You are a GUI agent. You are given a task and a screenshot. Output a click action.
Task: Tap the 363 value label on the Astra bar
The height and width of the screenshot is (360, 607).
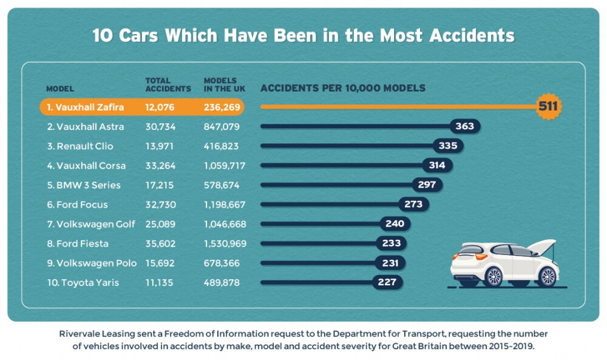tap(466, 127)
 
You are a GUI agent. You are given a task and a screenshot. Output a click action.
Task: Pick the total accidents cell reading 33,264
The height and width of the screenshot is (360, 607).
tap(160, 166)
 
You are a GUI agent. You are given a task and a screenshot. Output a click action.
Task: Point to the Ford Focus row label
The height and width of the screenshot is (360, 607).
tap(79, 205)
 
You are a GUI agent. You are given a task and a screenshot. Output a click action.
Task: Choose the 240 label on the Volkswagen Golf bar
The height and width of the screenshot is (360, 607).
tap(395, 224)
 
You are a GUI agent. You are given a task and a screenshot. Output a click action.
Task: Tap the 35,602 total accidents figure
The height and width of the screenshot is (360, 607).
tap(160, 243)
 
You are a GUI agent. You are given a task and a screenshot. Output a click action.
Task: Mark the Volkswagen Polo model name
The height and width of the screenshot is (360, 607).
tap(92, 263)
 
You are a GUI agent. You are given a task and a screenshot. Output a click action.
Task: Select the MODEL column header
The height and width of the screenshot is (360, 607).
tap(60, 89)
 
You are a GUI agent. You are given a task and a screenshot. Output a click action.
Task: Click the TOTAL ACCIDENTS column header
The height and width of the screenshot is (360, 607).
tap(168, 84)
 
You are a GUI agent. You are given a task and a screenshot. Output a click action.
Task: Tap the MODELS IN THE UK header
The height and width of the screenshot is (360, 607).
tap(224, 84)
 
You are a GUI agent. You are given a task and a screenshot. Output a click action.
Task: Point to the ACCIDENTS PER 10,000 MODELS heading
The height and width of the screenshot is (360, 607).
tap(343, 88)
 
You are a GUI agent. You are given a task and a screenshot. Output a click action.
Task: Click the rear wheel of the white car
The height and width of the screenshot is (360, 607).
tap(494, 277)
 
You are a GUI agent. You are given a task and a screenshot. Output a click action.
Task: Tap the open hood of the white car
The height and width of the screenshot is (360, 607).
tap(541, 245)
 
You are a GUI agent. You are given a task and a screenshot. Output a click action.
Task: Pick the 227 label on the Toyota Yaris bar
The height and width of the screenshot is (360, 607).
tap(387, 282)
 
